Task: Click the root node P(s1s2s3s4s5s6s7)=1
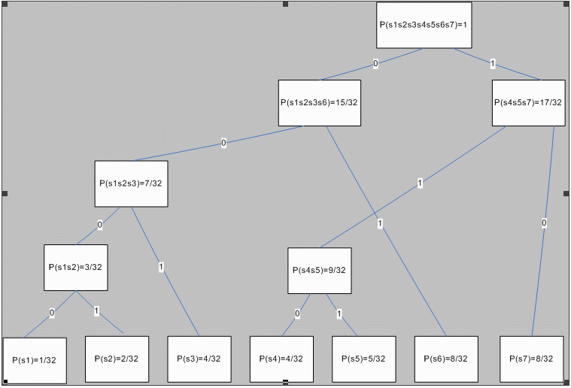pos(424,25)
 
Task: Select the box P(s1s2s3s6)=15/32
pos(319,102)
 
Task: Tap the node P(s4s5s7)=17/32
pos(527,102)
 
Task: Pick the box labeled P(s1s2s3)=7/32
pos(131,183)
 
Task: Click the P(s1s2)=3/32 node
pos(76,267)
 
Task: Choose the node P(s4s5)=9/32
pos(320,271)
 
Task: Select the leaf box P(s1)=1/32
pos(35,360)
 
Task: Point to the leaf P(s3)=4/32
pos(199,359)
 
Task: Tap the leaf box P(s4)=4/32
pos(281,359)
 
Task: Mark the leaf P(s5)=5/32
pos(364,359)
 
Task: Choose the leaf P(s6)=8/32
pos(446,359)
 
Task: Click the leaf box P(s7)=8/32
pos(532,359)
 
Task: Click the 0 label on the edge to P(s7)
pos(544,223)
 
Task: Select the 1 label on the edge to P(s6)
pos(381,223)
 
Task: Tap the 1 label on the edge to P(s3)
pos(161,265)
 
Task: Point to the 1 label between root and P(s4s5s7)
pos(492,63)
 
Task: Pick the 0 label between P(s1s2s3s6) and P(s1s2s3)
pos(223,143)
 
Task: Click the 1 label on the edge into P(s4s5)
pos(420,183)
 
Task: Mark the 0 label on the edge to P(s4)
pos(297,314)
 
